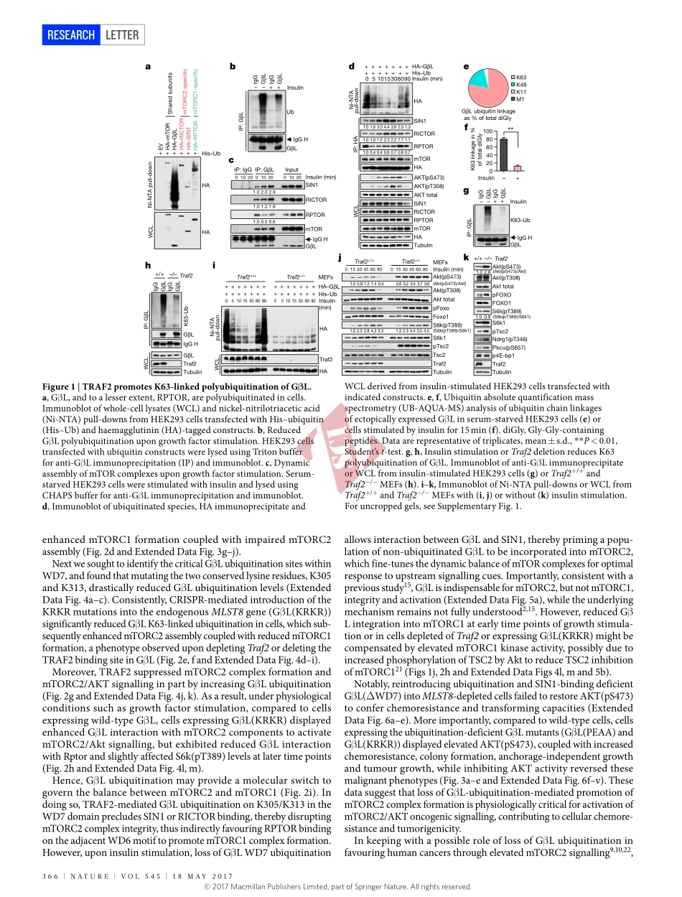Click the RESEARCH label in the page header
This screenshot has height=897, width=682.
pyautogui.click(x=71, y=34)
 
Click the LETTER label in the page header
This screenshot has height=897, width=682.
pyautogui.click(x=121, y=34)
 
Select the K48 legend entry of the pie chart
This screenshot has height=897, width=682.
pyautogui.click(x=520, y=84)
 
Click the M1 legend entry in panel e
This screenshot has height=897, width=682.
pyautogui.click(x=520, y=99)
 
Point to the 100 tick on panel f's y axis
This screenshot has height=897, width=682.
pyautogui.click(x=487, y=131)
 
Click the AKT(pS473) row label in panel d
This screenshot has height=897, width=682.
pyautogui.click(x=429, y=177)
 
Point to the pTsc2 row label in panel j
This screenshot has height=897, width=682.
pyautogui.click(x=440, y=346)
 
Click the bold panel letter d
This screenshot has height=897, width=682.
pyautogui.click(x=352, y=67)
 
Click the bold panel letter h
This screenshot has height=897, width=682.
pyautogui.click(x=147, y=265)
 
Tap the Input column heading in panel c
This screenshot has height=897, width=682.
pyautogui.click(x=291, y=169)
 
